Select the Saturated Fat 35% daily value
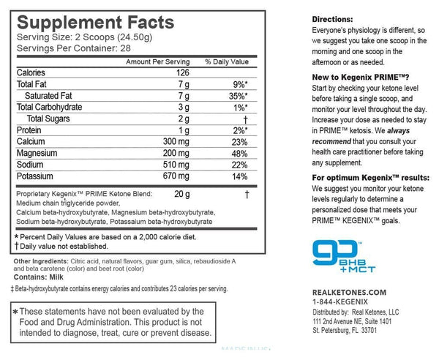[234, 95]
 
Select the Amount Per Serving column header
[157, 62]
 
